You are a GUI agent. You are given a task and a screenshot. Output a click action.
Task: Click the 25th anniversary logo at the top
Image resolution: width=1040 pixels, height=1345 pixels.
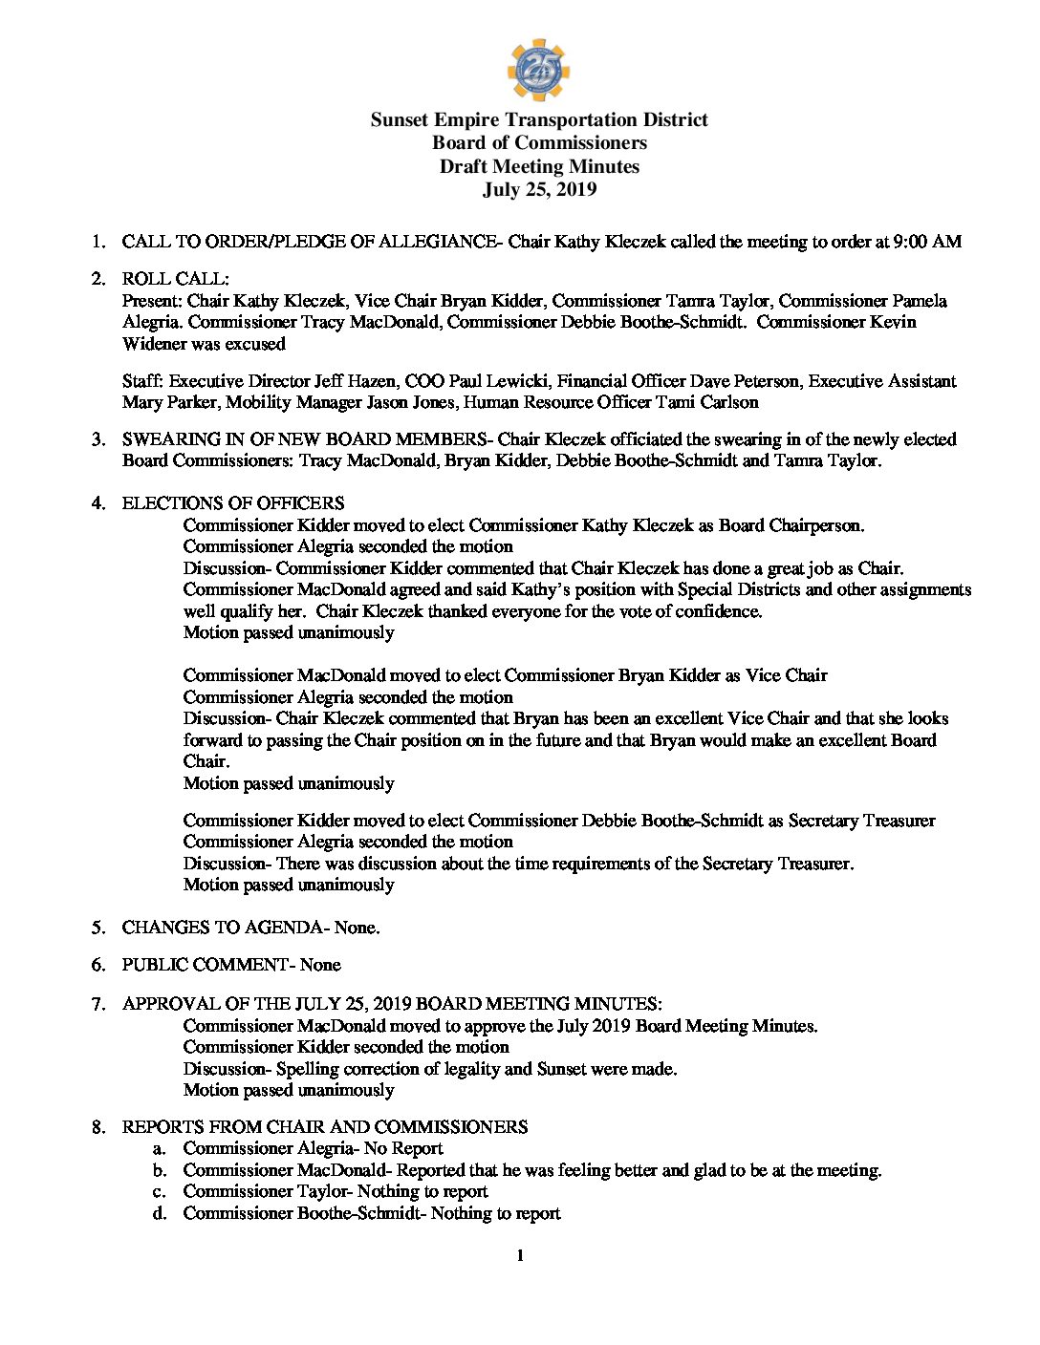538,70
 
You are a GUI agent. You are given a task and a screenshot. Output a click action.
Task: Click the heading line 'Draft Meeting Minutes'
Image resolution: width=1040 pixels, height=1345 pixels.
539,166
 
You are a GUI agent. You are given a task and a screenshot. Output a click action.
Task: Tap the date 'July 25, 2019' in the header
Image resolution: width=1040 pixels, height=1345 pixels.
539,189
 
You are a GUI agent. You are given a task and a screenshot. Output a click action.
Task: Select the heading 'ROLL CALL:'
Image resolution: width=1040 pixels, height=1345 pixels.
175,279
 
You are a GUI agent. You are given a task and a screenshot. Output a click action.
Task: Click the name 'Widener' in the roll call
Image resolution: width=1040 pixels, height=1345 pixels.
156,344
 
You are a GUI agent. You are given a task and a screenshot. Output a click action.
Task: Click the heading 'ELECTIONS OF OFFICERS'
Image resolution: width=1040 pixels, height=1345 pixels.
233,503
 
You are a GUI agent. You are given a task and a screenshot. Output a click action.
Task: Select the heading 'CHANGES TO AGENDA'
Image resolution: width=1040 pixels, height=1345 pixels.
222,928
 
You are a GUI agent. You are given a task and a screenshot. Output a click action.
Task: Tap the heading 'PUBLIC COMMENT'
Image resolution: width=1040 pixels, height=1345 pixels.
205,965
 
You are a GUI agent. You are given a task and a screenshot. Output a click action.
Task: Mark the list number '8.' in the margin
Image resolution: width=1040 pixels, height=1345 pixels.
99,1127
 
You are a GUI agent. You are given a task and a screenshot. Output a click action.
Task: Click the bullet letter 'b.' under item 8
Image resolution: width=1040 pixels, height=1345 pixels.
160,1170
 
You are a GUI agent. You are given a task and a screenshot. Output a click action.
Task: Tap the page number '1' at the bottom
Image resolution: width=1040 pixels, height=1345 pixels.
520,1256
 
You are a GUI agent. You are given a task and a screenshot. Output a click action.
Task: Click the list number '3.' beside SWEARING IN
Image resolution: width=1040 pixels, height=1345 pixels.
99,439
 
